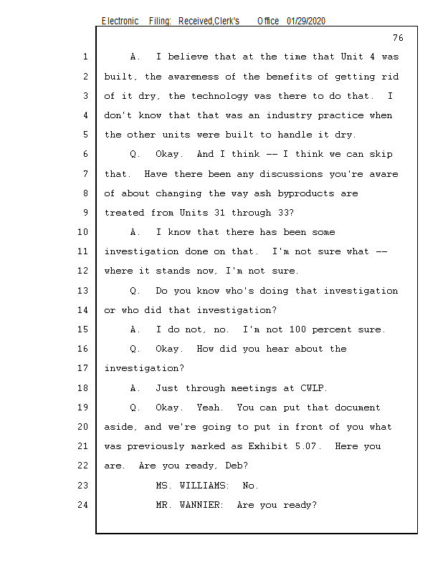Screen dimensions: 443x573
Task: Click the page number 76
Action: click(398, 38)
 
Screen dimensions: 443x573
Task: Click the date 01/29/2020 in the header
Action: click(306, 21)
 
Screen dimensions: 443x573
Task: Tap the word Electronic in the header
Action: click(120, 21)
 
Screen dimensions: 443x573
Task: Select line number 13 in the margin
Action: click(82, 291)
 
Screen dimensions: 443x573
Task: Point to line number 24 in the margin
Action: click(82, 505)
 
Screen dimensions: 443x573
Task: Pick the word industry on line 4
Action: click(289, 115)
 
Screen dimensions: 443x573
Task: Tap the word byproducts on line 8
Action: click(306, 193)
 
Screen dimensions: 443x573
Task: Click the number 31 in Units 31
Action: click(220, 213)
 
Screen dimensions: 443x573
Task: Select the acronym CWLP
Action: click(313, 387)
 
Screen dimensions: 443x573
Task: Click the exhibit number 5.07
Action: click(308, 446)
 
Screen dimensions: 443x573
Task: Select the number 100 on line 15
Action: click(297, 329)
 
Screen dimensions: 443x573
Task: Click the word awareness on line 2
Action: click(194, 77)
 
